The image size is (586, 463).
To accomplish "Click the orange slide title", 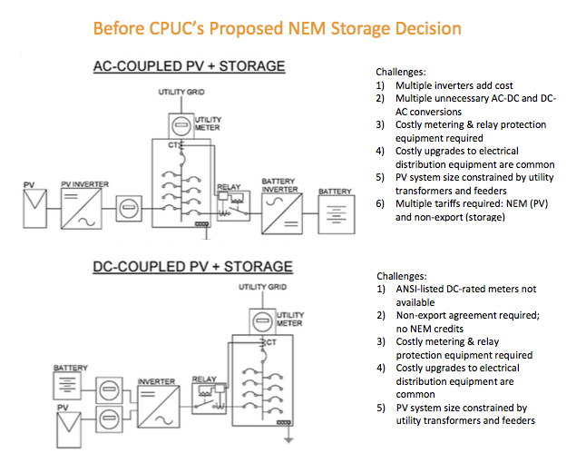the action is tap(277, 29).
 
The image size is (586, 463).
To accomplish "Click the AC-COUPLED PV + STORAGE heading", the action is tap(189, 66).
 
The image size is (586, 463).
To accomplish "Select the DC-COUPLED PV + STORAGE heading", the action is tap(193, 267).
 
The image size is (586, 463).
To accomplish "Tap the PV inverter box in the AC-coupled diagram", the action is tap(81, 208).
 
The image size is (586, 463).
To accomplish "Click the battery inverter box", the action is tap(282, 213).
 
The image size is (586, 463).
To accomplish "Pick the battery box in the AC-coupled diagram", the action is tap(337, 214).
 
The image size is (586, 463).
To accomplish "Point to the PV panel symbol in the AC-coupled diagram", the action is tap(35, 208).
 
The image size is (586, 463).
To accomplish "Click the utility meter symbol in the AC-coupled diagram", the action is tap(181, 126).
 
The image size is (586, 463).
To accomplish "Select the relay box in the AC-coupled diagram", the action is tap(233, 206).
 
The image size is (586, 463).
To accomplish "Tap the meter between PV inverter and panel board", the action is tap(129, 208).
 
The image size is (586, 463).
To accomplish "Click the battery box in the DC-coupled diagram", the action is tap(67, 386).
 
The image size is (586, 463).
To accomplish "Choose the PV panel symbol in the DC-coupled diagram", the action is tap(69, 429).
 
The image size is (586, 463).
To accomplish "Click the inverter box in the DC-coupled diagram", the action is tap(159, 407).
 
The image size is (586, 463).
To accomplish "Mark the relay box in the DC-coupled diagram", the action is tap(210, 399).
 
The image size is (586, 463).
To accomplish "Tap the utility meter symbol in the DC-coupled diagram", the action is tap(262, 321).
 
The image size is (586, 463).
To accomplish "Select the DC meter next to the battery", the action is tap(109, 389).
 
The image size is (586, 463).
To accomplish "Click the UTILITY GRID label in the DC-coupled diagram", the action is tap(263, 287).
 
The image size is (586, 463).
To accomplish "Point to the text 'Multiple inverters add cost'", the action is tap(454, 85).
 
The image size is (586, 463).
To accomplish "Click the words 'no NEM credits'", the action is tap(430, 329).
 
